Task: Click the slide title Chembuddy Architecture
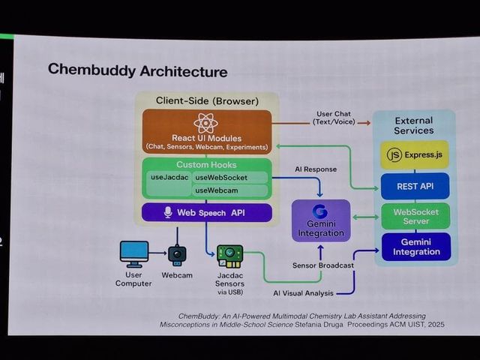coord(137,71)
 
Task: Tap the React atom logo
coord(205,123)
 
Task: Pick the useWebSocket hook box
coord(229,178)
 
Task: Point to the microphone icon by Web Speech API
coord(168,212)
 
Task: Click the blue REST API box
coord(415,186)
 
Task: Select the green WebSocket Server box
coord(415,217)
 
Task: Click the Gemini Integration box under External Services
coord(415,247)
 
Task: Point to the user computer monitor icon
coord(134,252)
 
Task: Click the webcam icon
coord(177,254)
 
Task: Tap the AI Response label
coord(316,169)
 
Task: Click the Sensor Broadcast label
coord(323,265)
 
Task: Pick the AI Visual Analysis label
coord(304,292)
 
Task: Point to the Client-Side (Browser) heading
coord(207,100)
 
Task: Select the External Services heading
coord(414,125)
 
